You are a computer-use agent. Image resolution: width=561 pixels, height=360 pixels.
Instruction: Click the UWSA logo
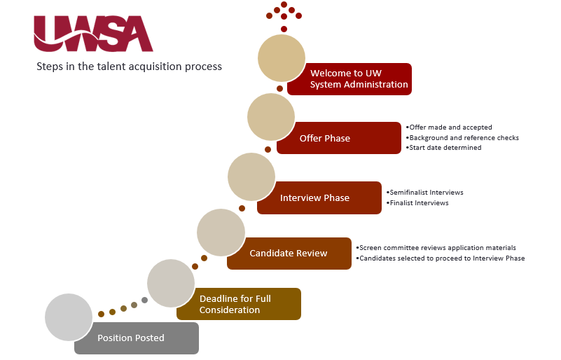coord(93,34)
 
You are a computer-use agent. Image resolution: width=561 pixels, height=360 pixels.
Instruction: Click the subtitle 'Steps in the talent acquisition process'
coord(129,67)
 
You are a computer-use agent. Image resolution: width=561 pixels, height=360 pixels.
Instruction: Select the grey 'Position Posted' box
coord(137,338)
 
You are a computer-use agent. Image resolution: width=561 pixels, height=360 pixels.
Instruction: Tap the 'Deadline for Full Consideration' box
coord(239,304)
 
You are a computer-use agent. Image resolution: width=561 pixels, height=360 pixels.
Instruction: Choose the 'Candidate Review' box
coord(289,254)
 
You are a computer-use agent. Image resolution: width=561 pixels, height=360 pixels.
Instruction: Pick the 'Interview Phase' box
coord(319,198)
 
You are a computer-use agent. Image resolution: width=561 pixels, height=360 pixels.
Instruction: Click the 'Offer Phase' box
coord(339,138)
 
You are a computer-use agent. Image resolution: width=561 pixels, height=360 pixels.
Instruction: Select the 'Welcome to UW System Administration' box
coord(349,79)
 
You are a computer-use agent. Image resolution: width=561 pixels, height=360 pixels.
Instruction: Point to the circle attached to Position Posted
coord(69,317)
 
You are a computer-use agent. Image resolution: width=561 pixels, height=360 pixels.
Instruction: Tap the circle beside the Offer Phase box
coord(271,117)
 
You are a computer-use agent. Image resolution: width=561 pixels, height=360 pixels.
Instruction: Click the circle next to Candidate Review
coord(221,233)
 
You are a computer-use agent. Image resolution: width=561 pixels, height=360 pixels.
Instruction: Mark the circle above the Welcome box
coord(282,58)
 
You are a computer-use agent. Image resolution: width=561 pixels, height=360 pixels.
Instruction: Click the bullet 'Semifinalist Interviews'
coord(425,193)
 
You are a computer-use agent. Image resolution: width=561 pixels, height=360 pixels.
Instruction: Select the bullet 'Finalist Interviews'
coord(417,203)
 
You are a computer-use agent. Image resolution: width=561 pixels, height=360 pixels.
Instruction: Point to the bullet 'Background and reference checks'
coord(462,138)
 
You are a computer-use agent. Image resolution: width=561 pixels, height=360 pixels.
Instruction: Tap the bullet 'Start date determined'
coord(443,148)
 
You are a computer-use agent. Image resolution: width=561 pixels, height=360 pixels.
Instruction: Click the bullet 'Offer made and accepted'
coord(449,127)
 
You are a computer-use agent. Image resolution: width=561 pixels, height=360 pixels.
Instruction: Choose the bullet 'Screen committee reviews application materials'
coord(436,248)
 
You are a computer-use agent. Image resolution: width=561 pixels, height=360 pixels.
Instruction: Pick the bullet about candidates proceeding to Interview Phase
coord(441,258)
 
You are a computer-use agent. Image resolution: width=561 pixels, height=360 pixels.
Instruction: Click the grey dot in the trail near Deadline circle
coord(144,300)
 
